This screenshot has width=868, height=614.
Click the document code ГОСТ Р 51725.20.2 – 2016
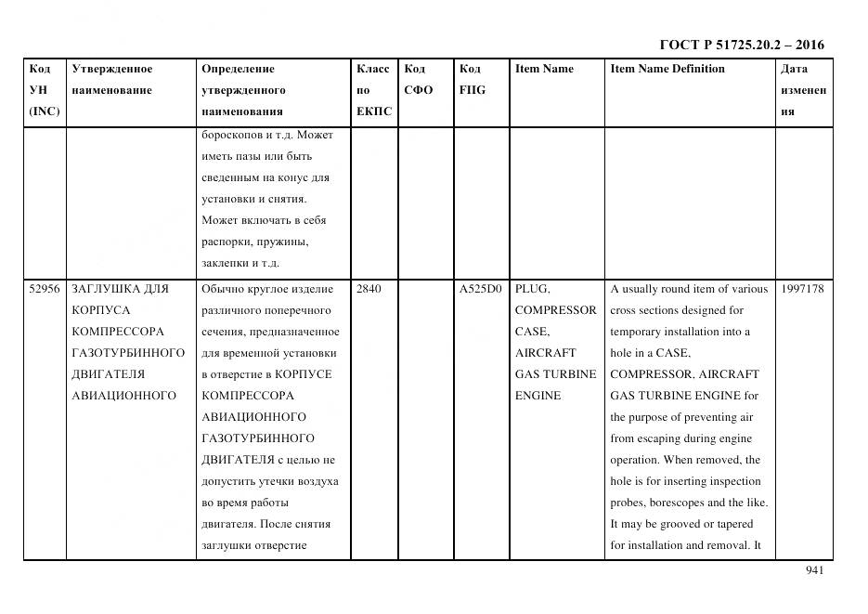click(741, 45)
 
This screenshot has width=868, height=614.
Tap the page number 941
click(814, 570)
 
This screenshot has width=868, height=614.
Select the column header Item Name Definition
click(667, 69)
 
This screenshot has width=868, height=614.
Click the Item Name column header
click(544, 69)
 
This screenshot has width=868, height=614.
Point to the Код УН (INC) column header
click(44, 90)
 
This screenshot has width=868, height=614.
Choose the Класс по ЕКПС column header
click(374, 90)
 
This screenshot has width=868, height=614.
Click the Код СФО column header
click(419, 80)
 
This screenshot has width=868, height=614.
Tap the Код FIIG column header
click(472, 80)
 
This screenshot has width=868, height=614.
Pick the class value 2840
click(369, 289)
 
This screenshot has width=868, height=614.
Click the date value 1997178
click(802, 289)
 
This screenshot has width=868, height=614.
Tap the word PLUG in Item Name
click(533, 289)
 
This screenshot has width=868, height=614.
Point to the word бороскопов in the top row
click(227, 135)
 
